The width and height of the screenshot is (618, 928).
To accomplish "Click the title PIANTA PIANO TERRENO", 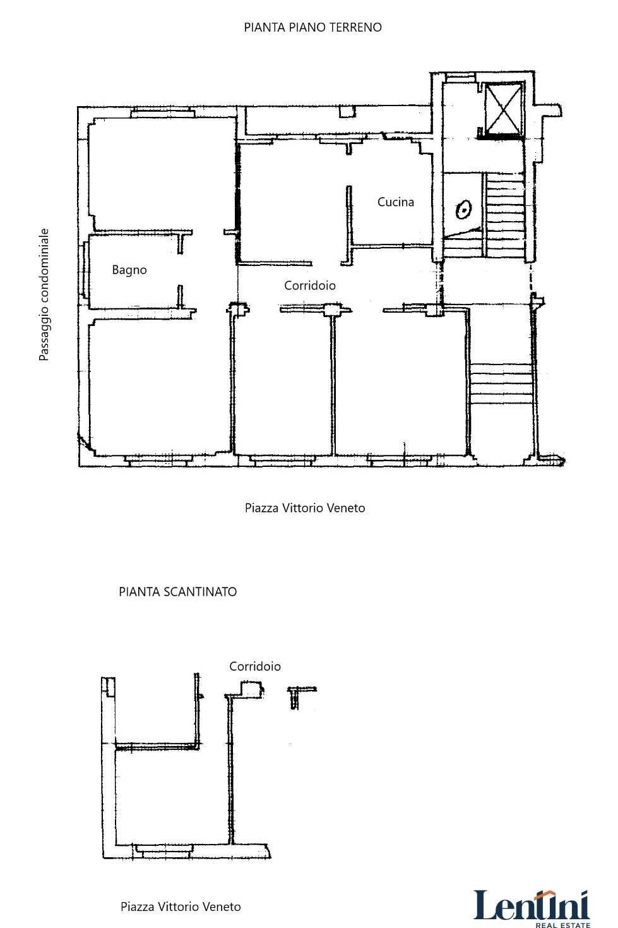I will pyautogui.click(x=312, y=27).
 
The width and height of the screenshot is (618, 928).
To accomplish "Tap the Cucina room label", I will pyautogui.click(x=396, y=202).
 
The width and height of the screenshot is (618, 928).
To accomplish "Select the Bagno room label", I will pyautogui.click(x=129, y=270).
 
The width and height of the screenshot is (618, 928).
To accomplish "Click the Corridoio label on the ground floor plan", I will pyautogui.click(x=309, y=286).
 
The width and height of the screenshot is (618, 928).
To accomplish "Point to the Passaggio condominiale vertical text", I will pyautogui.click(x=44, y=294).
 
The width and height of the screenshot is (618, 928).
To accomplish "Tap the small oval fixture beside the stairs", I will pyautogui.click(x=464, y=209).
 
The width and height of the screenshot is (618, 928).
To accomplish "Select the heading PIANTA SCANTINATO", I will pyautogui.click(x=177, y=592).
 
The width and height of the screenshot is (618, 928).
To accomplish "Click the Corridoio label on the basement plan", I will pyautogui.click(x=254, y=666).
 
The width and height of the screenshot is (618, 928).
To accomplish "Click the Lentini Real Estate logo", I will pyautogui.click(x=532, y=907).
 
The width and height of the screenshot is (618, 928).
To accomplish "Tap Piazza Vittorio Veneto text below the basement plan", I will pyautogui.click(x=181, y=907).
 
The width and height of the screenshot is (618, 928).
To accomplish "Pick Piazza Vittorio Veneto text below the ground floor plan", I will pyautogui.click(x=305, y=508).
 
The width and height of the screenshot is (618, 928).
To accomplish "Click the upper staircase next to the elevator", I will pyautogui.click(x=506, y=215).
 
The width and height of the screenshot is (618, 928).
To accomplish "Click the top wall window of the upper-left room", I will pyautogui.click(x=162, y=113).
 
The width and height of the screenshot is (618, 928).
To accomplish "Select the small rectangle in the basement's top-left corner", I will pyautogui.click(x=110, y=686).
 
